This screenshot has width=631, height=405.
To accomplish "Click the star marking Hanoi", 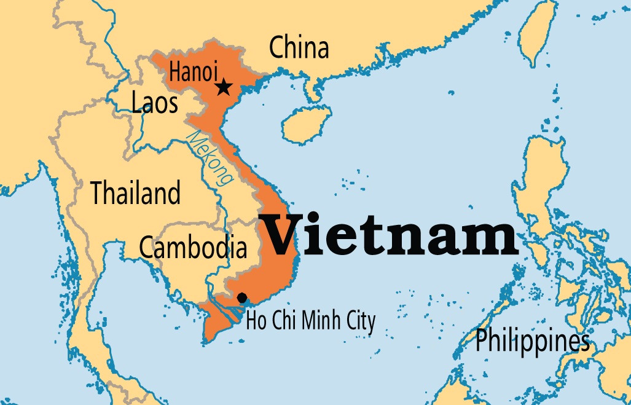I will coord(224,87).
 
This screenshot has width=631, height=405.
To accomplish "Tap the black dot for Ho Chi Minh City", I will coord(242,298).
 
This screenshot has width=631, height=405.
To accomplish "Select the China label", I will coord(299,47).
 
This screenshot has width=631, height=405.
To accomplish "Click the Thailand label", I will coord(136,193).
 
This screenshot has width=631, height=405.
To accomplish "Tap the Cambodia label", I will coord(193,247).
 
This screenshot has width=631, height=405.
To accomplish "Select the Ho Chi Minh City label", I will coord(310,320).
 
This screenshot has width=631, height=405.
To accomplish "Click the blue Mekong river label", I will coord(211,158).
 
